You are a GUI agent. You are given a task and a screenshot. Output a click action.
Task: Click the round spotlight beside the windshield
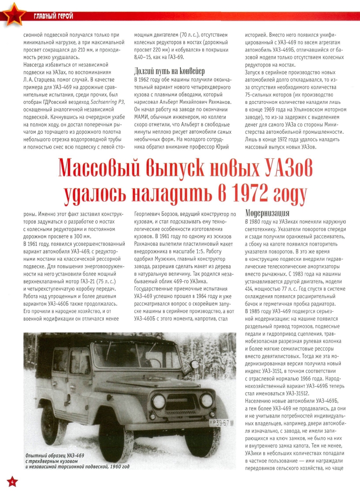pyautogui.click(x=193, y=365)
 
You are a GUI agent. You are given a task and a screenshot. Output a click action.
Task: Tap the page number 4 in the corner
pyautogui.click(x=12, y=481)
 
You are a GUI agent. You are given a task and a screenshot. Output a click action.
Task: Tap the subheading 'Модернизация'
pyautogui.click(x=267, y=213)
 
